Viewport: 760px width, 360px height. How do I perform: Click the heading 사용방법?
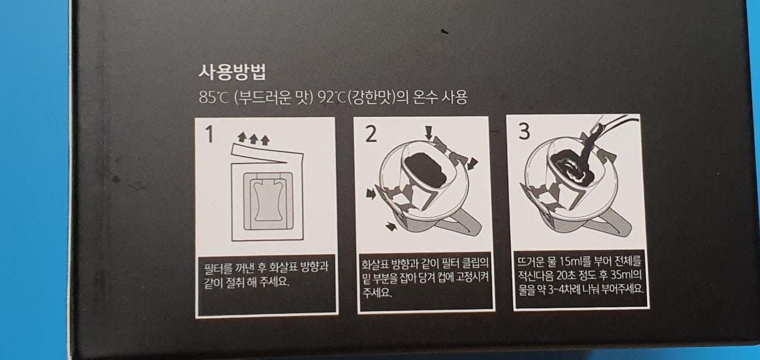pyautogui.click(x=232, y=72)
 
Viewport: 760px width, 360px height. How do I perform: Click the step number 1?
pyautogui.click(x=210, y=134)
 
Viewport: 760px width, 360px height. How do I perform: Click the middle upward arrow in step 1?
pyautogui.click(x=254, y=138)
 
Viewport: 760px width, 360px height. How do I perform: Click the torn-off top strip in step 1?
pyautogui.click(x=267, y=153)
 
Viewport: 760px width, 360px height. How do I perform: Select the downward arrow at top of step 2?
pyautogui.click(x=429, y=132)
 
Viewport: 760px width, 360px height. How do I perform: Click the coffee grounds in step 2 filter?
pyautogui.click(x=426, y=170)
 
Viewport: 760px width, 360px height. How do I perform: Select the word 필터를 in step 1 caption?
pyautogui.click(x=219, y=267)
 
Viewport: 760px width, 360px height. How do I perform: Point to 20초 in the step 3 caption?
pyautogui.click(x=566, y=275)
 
